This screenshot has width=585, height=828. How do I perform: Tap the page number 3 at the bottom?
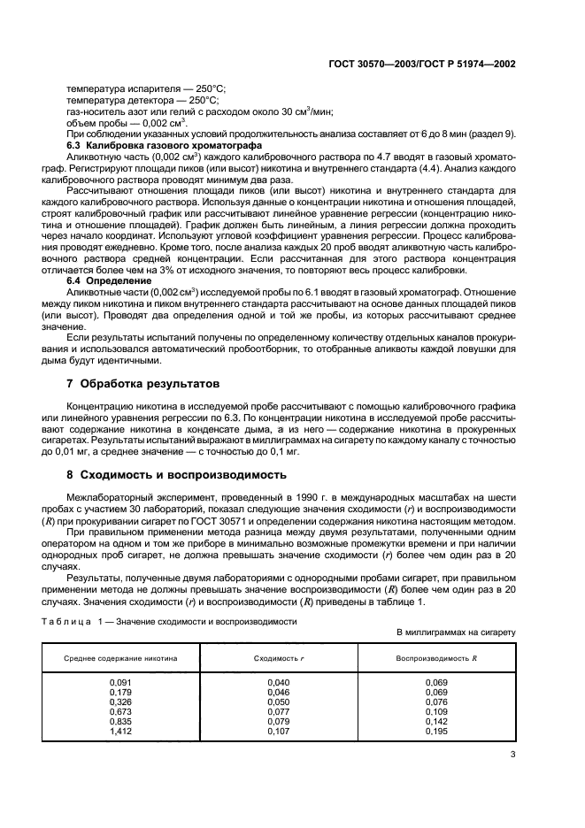click(513, 754)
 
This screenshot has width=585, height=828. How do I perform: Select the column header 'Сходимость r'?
click(279, 659)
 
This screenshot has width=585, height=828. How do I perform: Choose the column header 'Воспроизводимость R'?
click(436, 659)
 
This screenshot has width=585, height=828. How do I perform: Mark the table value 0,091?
click(120, 682)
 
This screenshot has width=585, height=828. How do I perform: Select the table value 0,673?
click(120, 712)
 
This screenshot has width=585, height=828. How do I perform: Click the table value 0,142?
click(436, 722)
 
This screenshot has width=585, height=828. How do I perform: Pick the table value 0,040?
click(279, 682)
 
